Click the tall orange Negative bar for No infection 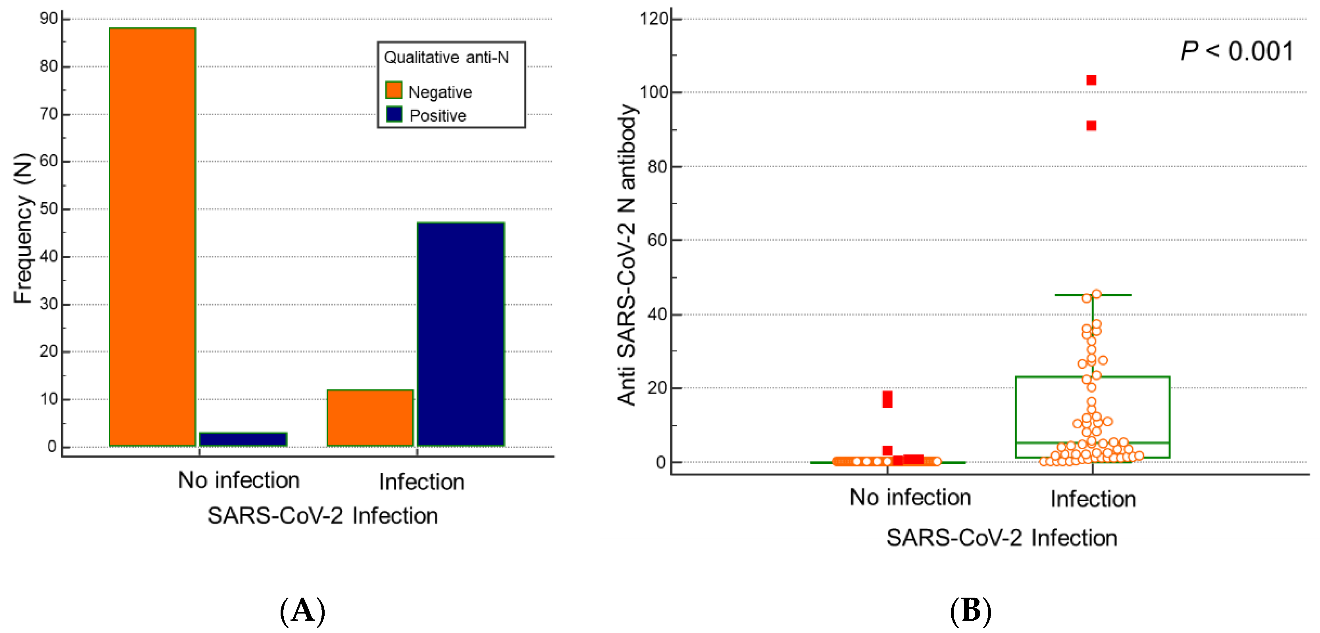click(x=152, y=236)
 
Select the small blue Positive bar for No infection click(x=242, y=439)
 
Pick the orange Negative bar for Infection click(x=370, y=418)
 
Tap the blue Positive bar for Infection click(x=461, y=333)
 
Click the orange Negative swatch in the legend click(x=394, y=90)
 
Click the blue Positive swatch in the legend click(x=394, y=114)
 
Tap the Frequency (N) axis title click(x=23, y=228)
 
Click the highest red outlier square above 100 click(x=1091, y=80)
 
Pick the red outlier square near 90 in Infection click(x=1091, y=126)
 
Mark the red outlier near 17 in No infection click(x=887, y=399)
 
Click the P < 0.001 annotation click(x=1237, y=51)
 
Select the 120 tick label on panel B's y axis click(x=654, y=19)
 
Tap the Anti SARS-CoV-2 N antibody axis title click(x=626, y=255)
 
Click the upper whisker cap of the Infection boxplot click(x=1093, y=295)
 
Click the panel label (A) click(x=302, y=611)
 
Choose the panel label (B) click(x=970, y=611)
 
